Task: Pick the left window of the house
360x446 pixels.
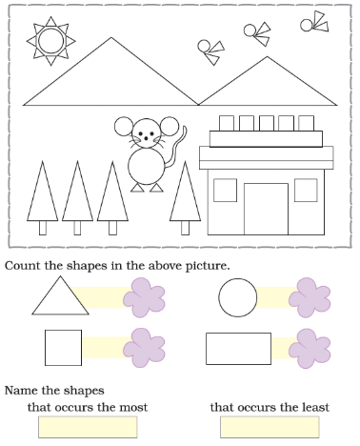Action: point(225,191)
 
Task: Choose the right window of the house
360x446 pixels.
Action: point(306,191)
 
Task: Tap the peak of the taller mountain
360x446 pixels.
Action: point(111,37)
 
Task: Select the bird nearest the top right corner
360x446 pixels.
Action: point(314,22)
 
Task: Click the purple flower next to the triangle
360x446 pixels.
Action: point(144,297)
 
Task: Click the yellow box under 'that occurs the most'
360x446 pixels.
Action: point(88,427)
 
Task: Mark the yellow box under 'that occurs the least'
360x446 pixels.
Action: point(270,427)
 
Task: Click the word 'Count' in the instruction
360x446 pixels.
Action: point(23,266)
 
